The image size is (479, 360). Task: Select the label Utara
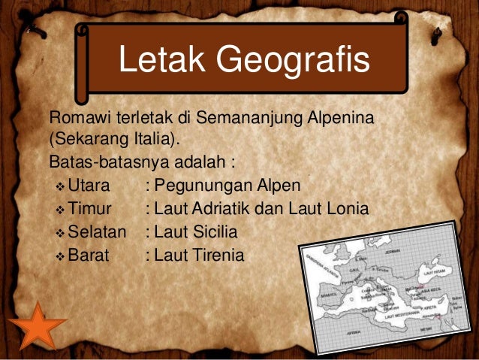[x=89, y=186]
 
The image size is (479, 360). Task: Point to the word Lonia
[x=347, y=208]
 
